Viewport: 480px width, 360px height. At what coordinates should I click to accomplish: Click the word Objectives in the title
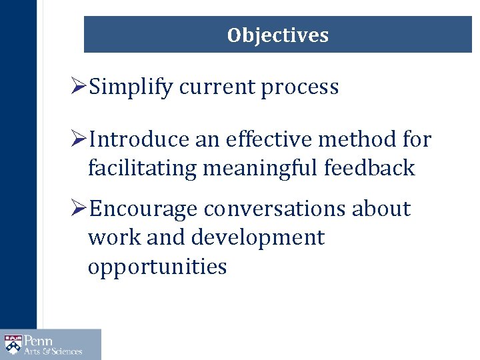pyautogui.click(x=277, y=35)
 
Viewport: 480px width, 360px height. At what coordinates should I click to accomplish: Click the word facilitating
pyautogui.click(x=142, y=169)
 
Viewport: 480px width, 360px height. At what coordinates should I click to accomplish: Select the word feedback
pyautogui.click(x=369, y=169)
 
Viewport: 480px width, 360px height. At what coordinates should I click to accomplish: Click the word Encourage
pyautogui.click(x=143, y=209)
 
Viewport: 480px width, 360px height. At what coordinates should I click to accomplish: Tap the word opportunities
pyautogui.click(x=157, y=267)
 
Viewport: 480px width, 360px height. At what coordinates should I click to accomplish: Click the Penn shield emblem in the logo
pyautogui.click(x=13, y=344)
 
